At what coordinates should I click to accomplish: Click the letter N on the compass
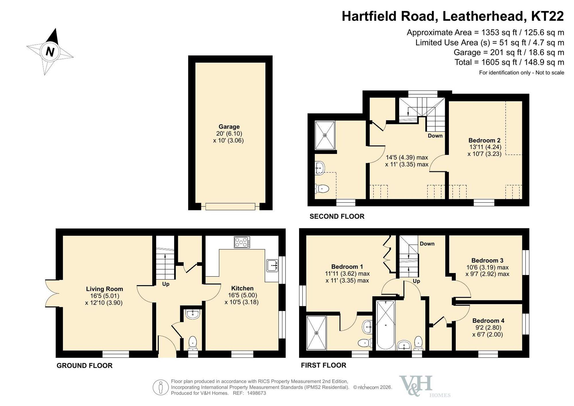[x=50, y=52]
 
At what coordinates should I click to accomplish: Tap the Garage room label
[x=229, y=127]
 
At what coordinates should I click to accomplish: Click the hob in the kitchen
[x=242, y=242]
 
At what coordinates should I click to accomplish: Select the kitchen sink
[x=272, y=265]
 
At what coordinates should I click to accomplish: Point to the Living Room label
[x=104, y=289]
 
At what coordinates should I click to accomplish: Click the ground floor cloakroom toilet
[x=193, y=343]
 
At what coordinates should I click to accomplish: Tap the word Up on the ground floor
[x=166, y=284]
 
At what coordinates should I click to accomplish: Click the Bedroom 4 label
[x=488, y=320]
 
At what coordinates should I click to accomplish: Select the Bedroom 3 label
[x=487, y=260]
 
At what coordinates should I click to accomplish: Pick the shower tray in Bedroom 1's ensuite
[x=316, y=333]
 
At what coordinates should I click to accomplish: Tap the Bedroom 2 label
[x=484, y=140]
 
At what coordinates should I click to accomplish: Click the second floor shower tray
[x=325, y=135]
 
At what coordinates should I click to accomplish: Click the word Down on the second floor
[x=435, y=136]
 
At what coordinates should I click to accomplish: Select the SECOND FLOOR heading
[x=337, y=216]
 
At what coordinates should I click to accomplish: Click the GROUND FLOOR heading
[x=84, y=366]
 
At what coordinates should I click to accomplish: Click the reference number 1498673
[x=256, y=393]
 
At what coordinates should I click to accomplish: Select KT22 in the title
[x=547, y=16]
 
